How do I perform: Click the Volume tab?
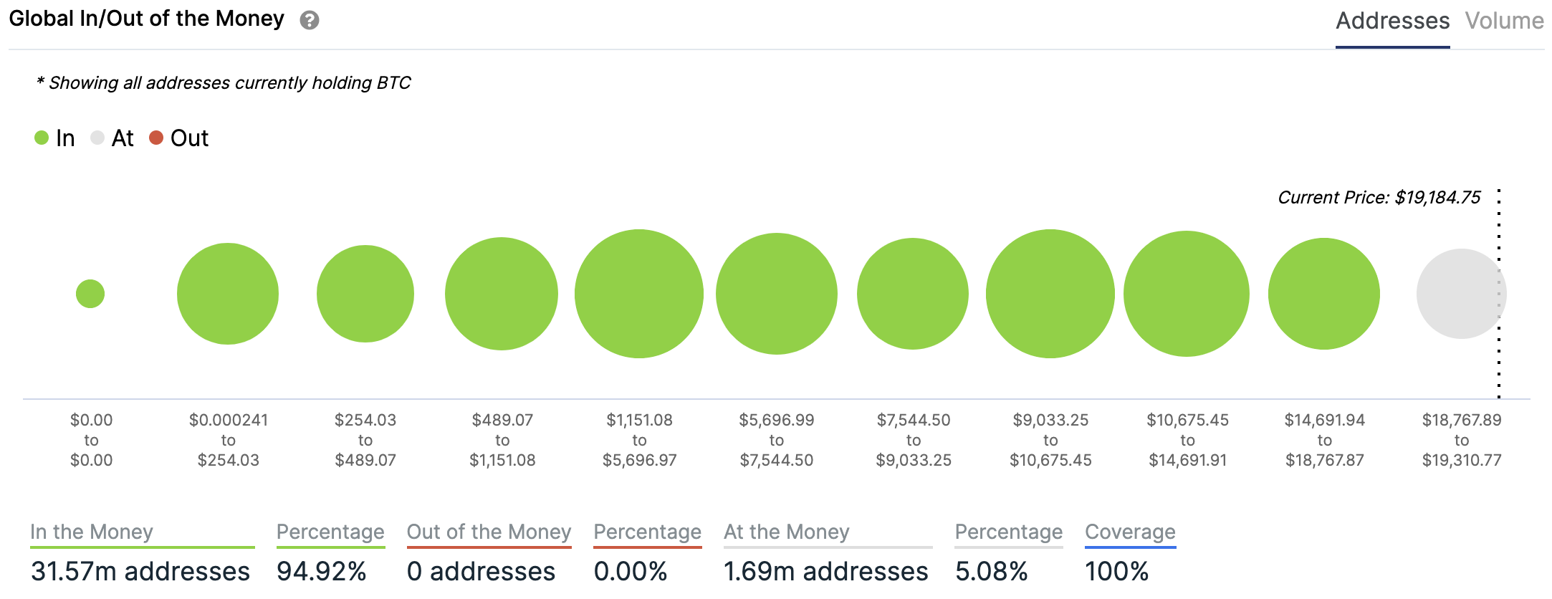tap(1504, 21)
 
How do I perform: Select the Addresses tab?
tap(1392, 21)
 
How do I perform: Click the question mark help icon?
tap(310, 20)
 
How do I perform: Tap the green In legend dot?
tap(42, 138)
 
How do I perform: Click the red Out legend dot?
tap(156, 138)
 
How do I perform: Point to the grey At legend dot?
tap(97, 138)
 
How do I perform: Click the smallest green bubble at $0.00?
tap(90, 294)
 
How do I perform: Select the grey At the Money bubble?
tap(1461, 294)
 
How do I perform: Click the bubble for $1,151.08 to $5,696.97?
tap(639, 294)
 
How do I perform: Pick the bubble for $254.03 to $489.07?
tap(365, 294)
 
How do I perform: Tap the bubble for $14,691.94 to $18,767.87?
tap(1324, 294)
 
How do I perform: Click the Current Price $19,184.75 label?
tap(1379, 198)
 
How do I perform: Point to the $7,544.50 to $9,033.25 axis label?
tap(914, 440)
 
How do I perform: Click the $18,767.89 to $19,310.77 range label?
tap(1462, 440)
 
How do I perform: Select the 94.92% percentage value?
tap(322, 571)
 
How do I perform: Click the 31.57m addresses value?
tap(140, 571)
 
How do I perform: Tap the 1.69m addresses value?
tap(825, 571)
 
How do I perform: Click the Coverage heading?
tap(1130, 532)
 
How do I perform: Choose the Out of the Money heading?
tap(489, 532)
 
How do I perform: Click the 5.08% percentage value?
tap(991, 571)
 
